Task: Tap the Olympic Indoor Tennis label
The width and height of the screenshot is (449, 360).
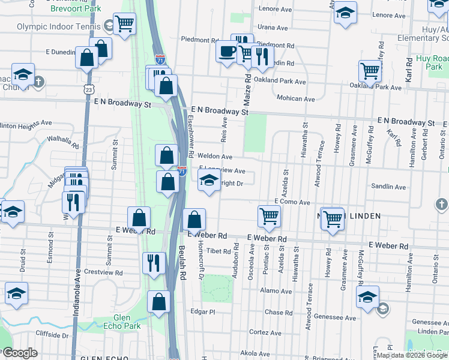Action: [58, 26]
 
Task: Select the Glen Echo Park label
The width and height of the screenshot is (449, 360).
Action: [127, 322]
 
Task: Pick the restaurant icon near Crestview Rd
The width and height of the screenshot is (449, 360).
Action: [153, 262]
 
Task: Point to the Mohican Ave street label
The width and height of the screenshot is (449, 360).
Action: [296, 98]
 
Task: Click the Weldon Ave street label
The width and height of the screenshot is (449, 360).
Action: [219, 157]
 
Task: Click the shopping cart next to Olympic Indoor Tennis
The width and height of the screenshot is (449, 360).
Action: [125, 24]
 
